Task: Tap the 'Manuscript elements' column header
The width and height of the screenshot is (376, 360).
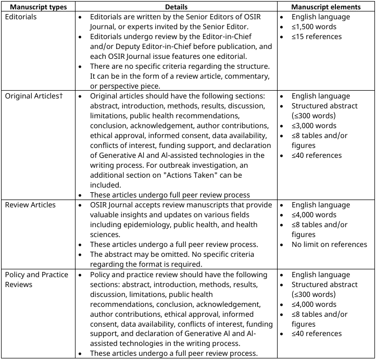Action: coord(326,7)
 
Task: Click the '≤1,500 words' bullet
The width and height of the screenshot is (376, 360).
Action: coord(314,27)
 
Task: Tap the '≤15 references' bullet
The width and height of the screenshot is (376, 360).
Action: coord(317,37)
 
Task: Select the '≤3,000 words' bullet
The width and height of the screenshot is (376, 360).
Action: coord(314,126)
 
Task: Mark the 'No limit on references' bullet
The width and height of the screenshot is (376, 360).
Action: coord(329,245)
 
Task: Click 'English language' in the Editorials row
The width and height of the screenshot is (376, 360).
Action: coord(320,17)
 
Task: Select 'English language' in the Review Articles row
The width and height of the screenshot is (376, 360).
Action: coord(320,205)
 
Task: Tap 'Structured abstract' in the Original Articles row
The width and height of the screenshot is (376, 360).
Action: coord(324,106)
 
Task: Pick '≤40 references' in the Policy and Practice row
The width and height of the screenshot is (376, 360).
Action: coord(317,334)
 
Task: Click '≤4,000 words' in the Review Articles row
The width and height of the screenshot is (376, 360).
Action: coord(314,215)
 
